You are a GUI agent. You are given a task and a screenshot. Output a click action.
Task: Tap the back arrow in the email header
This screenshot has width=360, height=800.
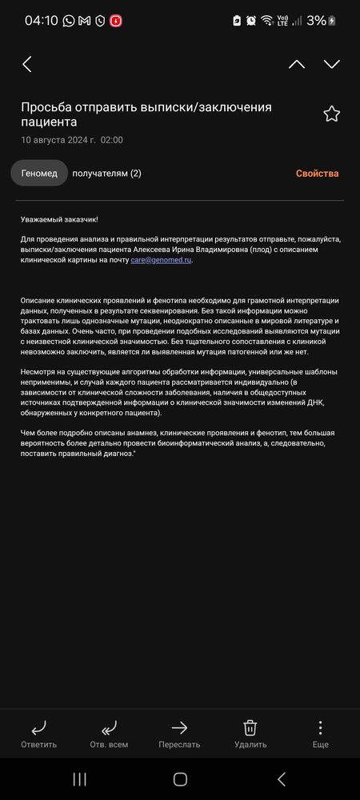pos(27,65)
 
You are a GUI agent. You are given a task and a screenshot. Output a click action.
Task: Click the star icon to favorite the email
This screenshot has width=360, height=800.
pos(331,114)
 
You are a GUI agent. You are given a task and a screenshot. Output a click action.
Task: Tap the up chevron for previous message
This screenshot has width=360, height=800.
pos(297,65)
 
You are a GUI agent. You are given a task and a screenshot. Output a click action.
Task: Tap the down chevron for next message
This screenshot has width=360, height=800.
pos(331,65)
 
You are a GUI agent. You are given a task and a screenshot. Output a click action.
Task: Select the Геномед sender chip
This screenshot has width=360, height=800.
pos(39,173)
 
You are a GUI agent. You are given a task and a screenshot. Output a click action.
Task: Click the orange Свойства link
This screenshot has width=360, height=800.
pos(317,174)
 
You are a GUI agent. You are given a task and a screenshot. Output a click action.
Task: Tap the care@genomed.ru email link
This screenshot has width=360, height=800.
pos(162,260)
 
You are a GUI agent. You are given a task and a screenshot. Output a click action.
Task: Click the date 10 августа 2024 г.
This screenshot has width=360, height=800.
pos(58,140)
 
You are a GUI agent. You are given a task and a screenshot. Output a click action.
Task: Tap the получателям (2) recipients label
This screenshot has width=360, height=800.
pos(106,174)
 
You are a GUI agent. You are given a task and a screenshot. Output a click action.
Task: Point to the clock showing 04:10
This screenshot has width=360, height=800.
pos(41,21)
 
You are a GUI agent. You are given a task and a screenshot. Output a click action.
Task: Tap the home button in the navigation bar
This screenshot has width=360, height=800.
pos(180,779)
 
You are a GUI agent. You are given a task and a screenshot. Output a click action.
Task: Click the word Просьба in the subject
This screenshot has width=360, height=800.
pos(50,107)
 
